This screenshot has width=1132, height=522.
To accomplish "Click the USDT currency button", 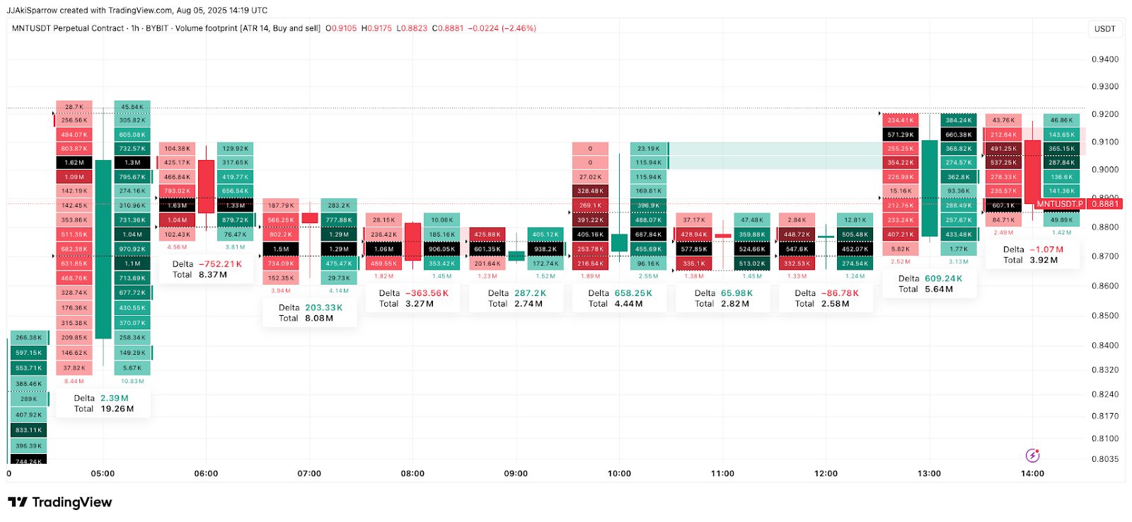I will pos(1104,29).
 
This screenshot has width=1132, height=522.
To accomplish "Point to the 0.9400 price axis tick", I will pos(1105,59).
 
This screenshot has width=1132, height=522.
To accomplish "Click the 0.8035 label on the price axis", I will pos(1105,459).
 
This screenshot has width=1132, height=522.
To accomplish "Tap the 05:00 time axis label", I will pos(103,474).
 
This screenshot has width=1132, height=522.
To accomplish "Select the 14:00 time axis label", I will pos(1032,474).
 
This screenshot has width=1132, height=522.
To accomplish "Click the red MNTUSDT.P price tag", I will pos(1059,204).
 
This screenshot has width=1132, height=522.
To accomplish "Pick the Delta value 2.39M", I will pos(115,398).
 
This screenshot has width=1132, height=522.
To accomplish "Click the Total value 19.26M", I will pos(117,409).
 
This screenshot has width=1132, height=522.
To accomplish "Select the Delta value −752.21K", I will pos(220,264).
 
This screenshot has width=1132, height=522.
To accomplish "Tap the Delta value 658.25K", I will pos(633,293).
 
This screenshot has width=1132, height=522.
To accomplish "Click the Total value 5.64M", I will pos(939,289).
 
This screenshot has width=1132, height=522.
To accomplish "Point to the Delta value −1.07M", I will pos(1046,249).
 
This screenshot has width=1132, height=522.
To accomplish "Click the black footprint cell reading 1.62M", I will pos(74,163).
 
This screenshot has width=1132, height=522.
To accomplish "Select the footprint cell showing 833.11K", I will pos(28,430).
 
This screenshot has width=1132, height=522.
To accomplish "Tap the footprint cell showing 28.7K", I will pos(74,107).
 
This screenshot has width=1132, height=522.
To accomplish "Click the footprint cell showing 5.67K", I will pos(132,368).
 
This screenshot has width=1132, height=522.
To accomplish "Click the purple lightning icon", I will pos(1032,455).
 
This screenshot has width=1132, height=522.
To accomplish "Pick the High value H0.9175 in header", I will pos(376,28).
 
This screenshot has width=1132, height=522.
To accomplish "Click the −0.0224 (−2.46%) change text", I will pos(502,28).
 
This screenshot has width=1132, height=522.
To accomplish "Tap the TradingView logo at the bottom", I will pos(60,502).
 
